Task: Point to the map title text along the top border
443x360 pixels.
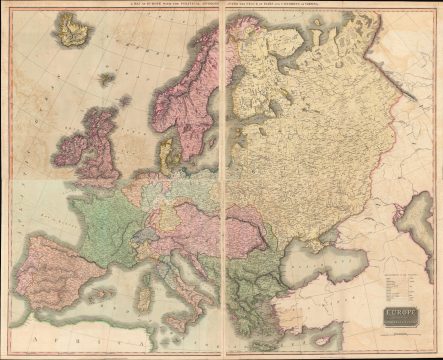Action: (x=221, y=8)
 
